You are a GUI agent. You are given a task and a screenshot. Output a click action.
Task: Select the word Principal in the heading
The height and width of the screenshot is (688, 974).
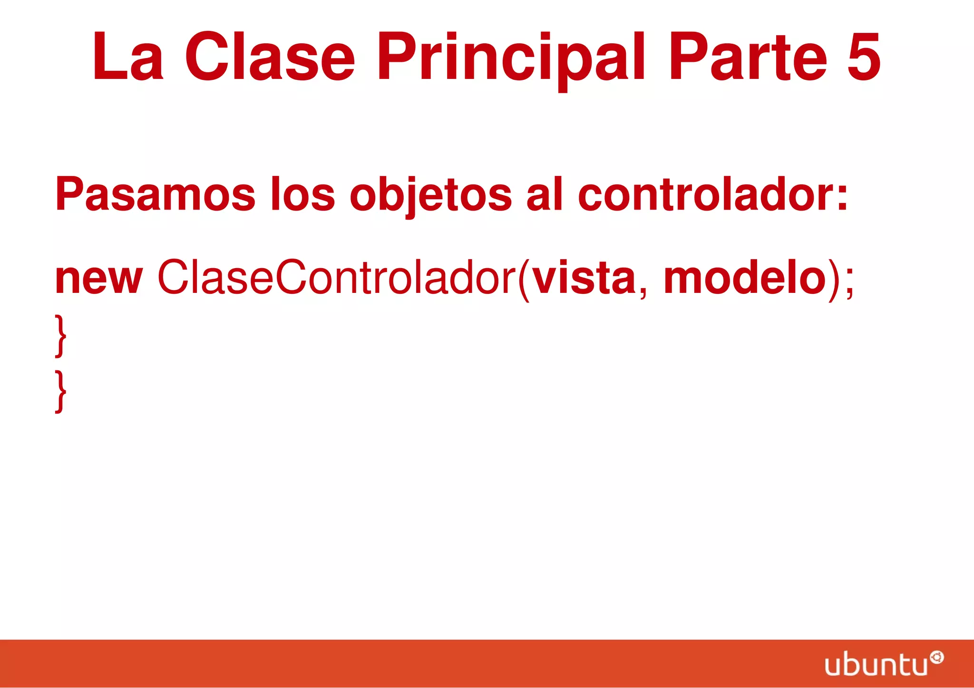coord(511,58)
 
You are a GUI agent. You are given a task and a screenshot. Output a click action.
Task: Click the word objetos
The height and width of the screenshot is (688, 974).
coord(431,195)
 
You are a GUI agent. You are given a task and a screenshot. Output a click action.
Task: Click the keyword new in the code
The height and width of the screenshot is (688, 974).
coord(99,279)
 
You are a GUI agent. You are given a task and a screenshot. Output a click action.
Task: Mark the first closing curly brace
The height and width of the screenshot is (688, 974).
coord(61,336)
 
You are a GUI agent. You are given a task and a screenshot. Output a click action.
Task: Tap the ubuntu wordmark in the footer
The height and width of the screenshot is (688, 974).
coord(876,664)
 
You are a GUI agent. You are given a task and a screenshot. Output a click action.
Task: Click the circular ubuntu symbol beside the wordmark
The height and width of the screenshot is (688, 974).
coord(936,658)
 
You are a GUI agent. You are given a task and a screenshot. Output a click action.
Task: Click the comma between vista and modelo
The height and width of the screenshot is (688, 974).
coord(643,291)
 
